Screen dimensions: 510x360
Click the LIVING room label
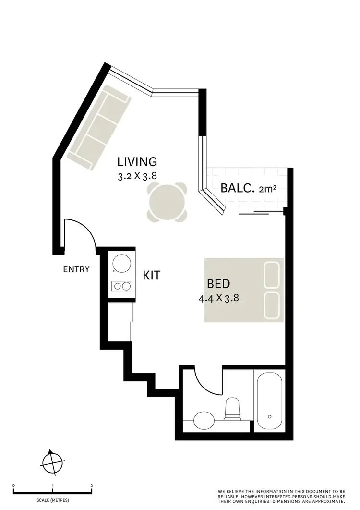137,162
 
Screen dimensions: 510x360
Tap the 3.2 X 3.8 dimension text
137,176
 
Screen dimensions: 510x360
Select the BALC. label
237,188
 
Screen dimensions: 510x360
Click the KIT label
152,276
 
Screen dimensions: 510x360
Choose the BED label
218,283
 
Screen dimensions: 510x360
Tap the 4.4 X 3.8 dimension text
218,298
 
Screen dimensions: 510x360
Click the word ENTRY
76,269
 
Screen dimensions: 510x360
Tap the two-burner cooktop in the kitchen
121,286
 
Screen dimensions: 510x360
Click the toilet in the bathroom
233,409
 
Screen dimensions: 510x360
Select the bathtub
269,401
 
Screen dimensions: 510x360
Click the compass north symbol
52,462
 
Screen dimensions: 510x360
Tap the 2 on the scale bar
91,486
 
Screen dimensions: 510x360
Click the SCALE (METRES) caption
53,500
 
